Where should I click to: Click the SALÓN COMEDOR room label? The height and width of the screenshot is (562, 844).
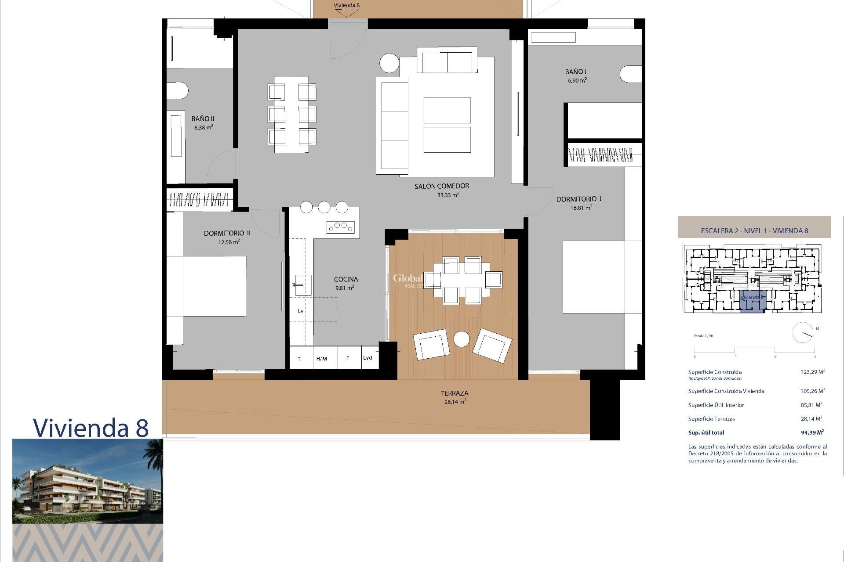pyautogui.click(x=441, y=186)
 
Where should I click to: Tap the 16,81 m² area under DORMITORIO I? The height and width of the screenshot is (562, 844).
pyautogui.click(x=581, y=208)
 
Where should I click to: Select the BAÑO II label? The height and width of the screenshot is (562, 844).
pyautogui.click(x=203, y=119)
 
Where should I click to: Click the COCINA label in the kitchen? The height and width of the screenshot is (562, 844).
pyautogui.click(x=346, y=279)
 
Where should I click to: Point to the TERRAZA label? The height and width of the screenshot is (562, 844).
pyautogui.click(x=454, y=393)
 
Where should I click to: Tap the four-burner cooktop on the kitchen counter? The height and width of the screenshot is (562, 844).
pyautogui.click(x=340, y=227)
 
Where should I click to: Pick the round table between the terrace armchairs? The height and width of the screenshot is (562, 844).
pyautogui.click(x=461, y=339)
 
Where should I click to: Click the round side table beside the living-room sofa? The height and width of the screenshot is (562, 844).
pyautogui.click(x=389, y=63)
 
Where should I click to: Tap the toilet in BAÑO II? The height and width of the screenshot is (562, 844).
pyautogui.click(x=177, y=91)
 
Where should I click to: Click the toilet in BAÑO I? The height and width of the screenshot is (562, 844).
pyautogui.click(x=631, y=74)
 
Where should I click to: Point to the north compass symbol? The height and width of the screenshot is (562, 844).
pyautogui.click(x=803, y=333)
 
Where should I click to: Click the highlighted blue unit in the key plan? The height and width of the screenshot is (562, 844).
pyautogui.click(x=752, y=301)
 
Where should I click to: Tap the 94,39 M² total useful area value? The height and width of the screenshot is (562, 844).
pyautogui.click(x=812, y=432)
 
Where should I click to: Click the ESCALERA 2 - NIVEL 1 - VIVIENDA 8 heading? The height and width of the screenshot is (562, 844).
pyautogui.click(x=754, y=231)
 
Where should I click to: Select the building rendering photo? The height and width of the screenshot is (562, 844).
pyautogui.click(x=87, y=481)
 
